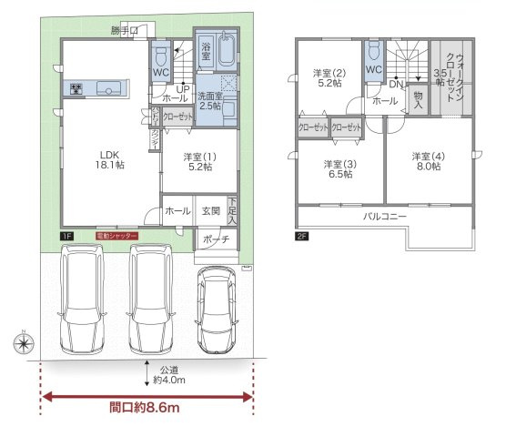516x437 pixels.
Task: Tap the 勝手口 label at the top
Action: (x=126, y=31)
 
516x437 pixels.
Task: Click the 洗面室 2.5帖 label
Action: (x=210, y=100)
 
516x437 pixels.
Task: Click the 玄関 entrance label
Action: (x=210, y=211)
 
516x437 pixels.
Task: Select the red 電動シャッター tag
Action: (x=116, y=236)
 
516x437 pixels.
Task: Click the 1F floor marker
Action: (x=67, y=236)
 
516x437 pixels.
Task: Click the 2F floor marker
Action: (x=302, y=236)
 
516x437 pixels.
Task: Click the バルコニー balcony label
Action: (x=385, y=217)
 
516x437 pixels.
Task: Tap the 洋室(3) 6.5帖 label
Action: (x=340, y=170)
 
